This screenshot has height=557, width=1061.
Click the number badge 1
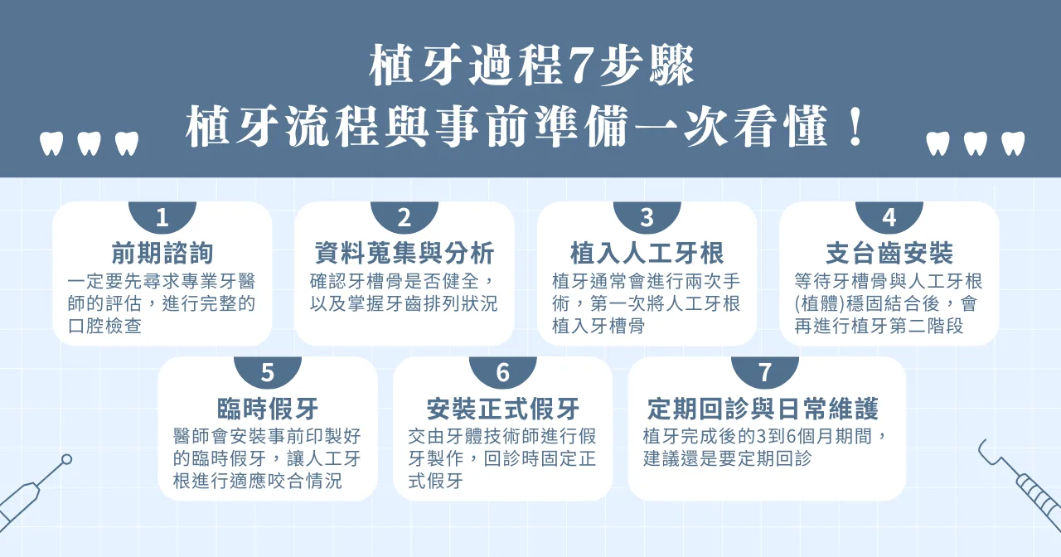point(162,218)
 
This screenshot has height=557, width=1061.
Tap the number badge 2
point(405,218)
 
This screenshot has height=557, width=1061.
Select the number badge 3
point(647,218)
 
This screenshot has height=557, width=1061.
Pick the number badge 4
point(889,218)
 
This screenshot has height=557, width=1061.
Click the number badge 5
point(268,373)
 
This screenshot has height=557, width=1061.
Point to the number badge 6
point(503,373)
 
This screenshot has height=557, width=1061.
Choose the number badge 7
point(764,373)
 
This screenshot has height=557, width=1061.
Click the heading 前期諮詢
point(162,253)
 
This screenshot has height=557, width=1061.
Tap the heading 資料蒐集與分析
point(405,253)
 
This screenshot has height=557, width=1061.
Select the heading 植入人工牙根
point(647,253)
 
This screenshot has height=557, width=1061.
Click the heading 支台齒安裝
point(889,253)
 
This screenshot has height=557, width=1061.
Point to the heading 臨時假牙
point(268,409)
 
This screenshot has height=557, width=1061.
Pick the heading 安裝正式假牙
point(503,409)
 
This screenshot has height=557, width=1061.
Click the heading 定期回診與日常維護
point(763,409)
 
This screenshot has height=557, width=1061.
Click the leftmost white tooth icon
point(51,143)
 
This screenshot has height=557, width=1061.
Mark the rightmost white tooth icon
point(1012,143)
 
